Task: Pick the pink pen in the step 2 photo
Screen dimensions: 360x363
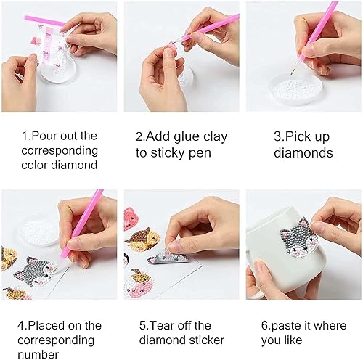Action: point(207,30)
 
